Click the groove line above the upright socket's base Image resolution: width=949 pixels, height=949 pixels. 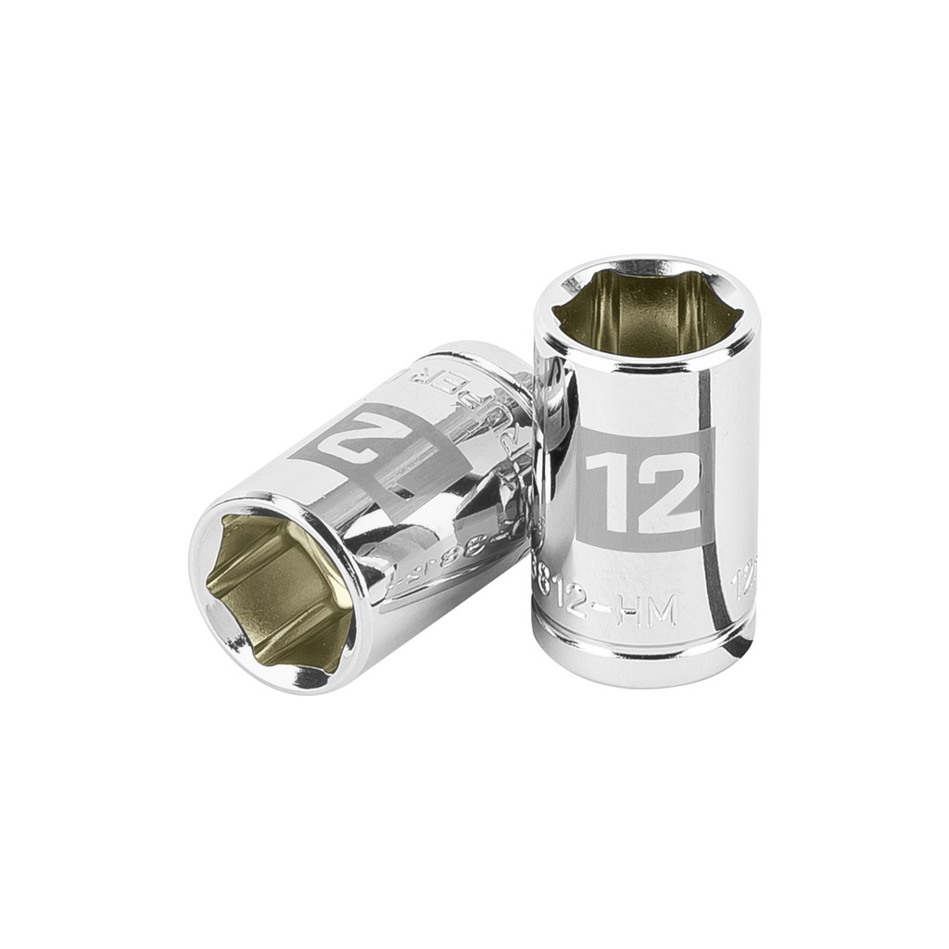(x=646, y=639)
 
